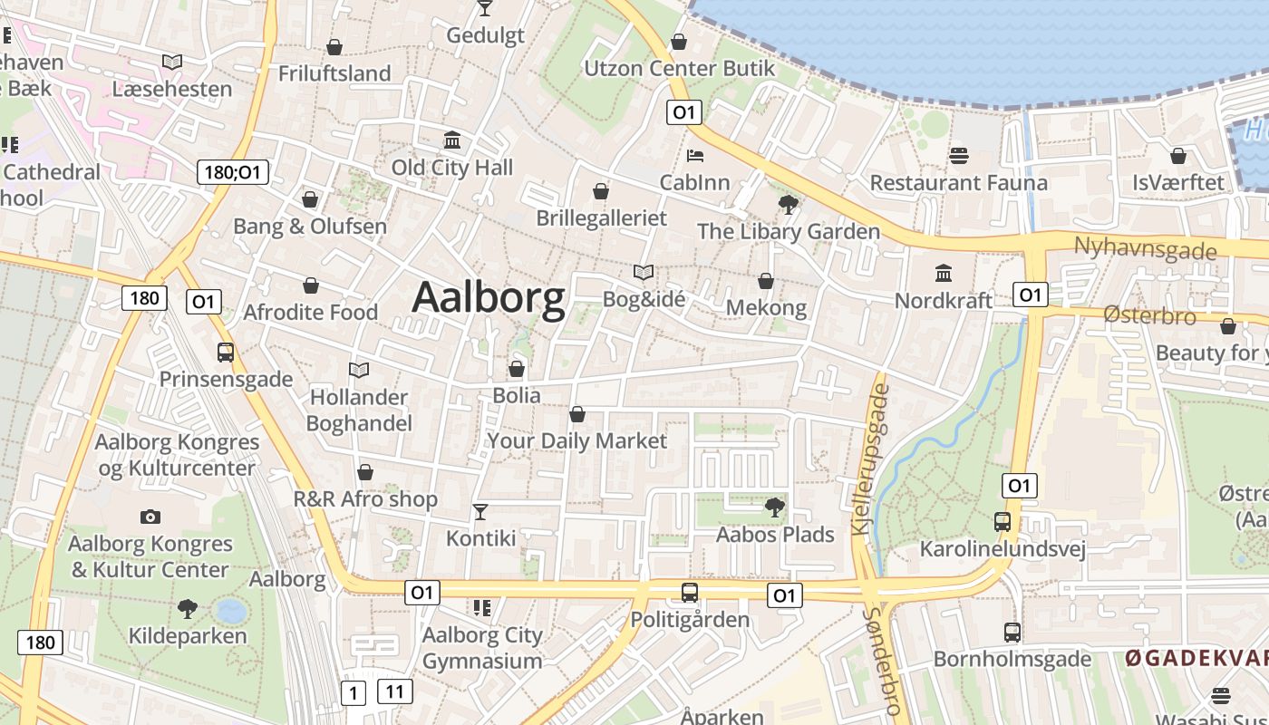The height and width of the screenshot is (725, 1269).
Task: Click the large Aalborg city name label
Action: coord(489,297)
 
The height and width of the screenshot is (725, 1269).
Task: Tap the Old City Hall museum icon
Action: coord(452,140)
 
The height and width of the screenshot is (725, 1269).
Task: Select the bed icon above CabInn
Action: coord(695,156)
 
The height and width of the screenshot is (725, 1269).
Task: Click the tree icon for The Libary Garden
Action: coord(789,205)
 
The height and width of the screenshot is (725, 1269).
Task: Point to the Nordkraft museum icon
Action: coord(944,273)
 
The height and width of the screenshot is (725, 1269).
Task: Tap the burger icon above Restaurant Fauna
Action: coord(959,156)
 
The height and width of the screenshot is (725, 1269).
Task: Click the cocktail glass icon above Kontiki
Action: coord(480,512)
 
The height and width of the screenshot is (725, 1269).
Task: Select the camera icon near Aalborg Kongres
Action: coord(150,517)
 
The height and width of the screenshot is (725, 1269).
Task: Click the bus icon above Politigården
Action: coord(690,593)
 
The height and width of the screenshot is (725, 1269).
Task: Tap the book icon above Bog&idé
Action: coord(644,272)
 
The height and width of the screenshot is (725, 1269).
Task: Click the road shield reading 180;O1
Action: coord(233,172)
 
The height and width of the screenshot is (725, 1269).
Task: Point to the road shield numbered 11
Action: coord(394,692)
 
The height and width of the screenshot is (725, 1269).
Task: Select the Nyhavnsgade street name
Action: coord(1145,247)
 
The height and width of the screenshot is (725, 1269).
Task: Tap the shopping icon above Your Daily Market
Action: coord(576,414)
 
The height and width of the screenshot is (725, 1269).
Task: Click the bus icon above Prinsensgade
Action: coord(226,353)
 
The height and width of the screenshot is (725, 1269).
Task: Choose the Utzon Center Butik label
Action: coord(680,68)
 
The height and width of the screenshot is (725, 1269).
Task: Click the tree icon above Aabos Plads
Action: coord(775,507)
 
